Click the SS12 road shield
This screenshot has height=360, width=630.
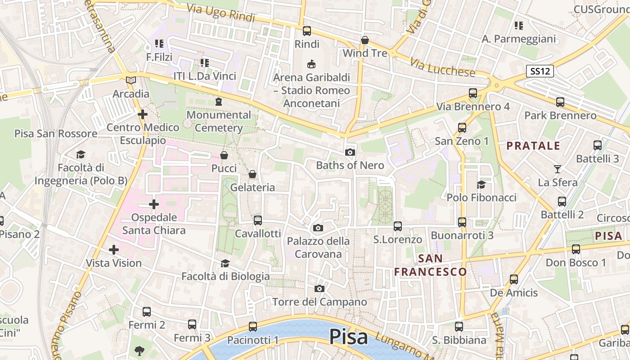(x=540, y=71)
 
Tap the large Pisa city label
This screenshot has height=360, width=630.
(x=349, y=337)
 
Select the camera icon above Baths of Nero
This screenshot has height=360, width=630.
(x=350, y=153)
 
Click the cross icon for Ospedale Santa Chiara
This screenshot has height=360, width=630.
(x=154, y=205)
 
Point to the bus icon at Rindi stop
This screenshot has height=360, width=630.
(x=307, y=31)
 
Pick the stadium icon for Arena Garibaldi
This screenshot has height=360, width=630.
(x=311, y=64)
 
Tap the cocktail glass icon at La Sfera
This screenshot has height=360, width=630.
(x=558, y=169)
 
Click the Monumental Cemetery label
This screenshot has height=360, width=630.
(x=219, y=121)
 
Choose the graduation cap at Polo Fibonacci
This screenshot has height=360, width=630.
(x=481, y=184)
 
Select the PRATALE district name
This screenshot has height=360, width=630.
(x=533, y=146)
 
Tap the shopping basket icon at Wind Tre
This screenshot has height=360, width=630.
(x=365, y=40)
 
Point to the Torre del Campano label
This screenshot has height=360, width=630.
(x=319, y=302)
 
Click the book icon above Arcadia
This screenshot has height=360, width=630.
(x=131, y=81)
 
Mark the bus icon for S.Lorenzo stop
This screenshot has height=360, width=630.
(x=398, y=226)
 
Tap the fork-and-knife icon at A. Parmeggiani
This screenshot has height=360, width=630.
(x=519, y=26)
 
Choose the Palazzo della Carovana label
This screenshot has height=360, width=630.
(x=318, y=247)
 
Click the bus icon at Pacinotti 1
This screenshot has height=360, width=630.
(x=253, y=327)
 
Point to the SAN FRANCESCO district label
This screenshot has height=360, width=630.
(x=431, y=265)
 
